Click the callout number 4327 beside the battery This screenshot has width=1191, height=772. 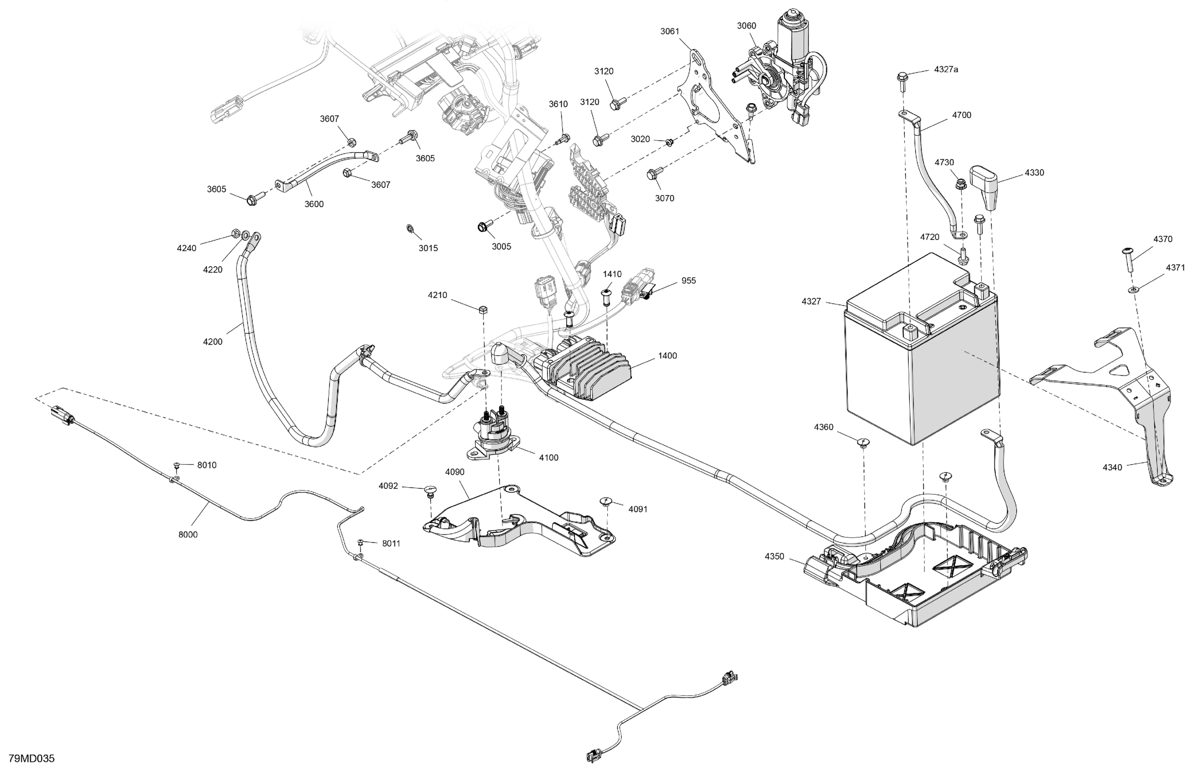tap(811, 301)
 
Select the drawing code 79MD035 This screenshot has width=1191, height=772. tap(31, 758)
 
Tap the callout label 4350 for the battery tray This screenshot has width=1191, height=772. tap(774, 556)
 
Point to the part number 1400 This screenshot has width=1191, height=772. tap(667, 356)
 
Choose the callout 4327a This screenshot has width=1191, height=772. tap(946, 69)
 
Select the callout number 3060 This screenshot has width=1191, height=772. tap(747, 26)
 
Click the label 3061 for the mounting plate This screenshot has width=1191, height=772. tap(670, 31)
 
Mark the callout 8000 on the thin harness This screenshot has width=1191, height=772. tap(188, 534)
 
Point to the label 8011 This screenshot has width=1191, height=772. tap(392, 544)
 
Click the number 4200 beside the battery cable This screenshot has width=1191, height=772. tap(213, 341)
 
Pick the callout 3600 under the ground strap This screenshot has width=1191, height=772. tap(314, 204)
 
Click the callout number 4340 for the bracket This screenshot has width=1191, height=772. tap(1112, 467)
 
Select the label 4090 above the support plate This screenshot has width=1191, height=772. tap(455, 472)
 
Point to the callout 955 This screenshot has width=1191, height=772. tap(689, 281)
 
